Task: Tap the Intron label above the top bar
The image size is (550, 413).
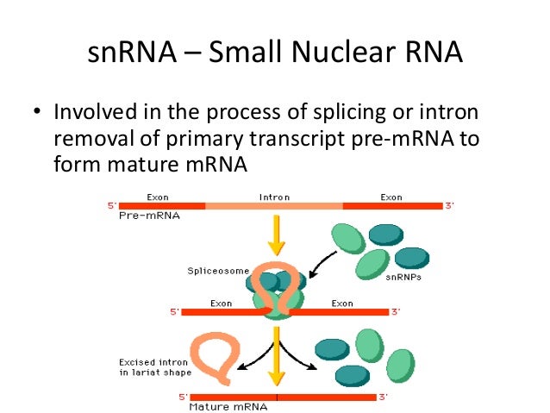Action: (x=274, y=197)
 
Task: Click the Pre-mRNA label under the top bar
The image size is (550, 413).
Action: (x=142, y=217)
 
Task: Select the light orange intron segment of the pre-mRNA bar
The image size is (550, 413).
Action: (x=274, y=207)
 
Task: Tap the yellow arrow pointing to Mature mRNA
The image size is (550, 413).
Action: (x=277, y=366)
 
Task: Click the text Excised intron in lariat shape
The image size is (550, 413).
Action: (x=154, y=366)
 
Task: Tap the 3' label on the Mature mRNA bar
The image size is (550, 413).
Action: (x=384, y=396)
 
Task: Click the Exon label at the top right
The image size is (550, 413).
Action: (x=391, y=197)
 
